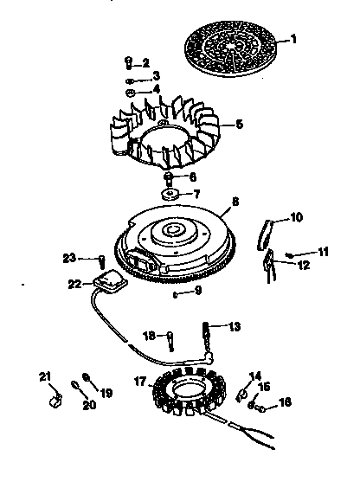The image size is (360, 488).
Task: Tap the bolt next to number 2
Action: click(x=128, y=61)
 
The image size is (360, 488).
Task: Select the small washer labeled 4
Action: click(x=128, y=90)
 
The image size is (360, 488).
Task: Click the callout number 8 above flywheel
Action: click(x=235, y=204)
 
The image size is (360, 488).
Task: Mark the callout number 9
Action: click(x=198, y=291)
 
